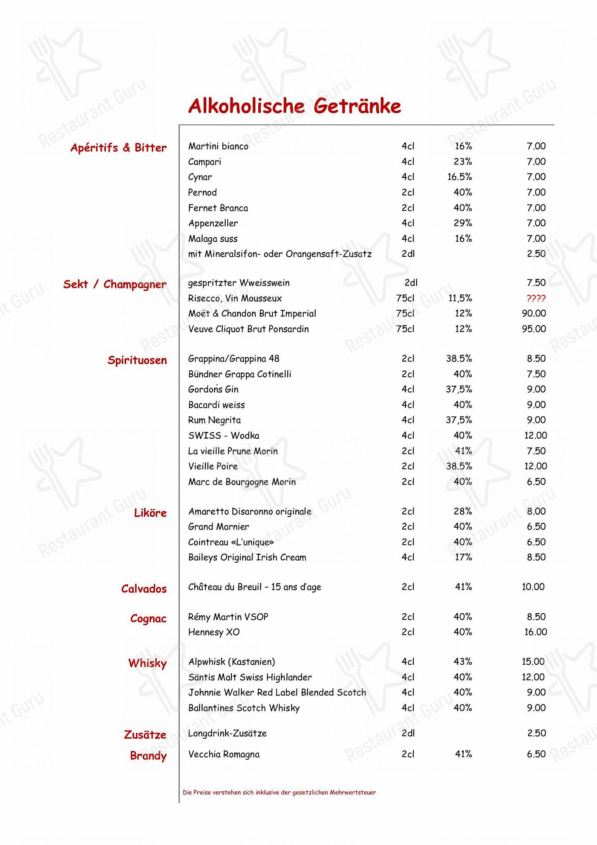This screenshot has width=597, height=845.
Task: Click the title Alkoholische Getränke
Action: [295, 106]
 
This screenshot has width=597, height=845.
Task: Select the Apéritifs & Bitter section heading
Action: [118, 148]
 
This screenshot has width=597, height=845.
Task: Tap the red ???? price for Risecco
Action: [536, 298]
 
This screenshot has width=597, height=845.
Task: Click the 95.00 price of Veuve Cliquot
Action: [533, 329]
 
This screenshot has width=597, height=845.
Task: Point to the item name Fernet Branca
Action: [218, 208]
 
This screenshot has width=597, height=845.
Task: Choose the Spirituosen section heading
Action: [137, 360]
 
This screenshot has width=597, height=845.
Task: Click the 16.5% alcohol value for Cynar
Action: [459, 177]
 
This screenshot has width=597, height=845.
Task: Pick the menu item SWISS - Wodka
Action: [224, 435]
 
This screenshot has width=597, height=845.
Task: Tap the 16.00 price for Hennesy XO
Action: [535, 632]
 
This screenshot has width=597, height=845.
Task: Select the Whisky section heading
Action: [147, 663]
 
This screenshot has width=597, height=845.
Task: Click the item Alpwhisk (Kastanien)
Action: [231, 662]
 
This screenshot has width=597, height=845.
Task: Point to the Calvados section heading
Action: [144, 589]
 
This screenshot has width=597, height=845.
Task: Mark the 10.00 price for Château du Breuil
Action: [533, 587]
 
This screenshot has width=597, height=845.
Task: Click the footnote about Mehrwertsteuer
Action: [279, 792]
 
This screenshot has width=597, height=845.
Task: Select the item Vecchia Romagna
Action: [224, 754]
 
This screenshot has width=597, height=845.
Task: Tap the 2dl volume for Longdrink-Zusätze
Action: [408, 733]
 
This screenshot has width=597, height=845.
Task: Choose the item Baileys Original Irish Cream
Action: [247, 557]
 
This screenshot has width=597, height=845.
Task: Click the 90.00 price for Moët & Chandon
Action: [533, 314]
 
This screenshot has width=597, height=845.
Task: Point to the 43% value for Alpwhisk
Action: [462, 662]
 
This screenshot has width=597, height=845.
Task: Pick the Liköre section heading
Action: [150, 513]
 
